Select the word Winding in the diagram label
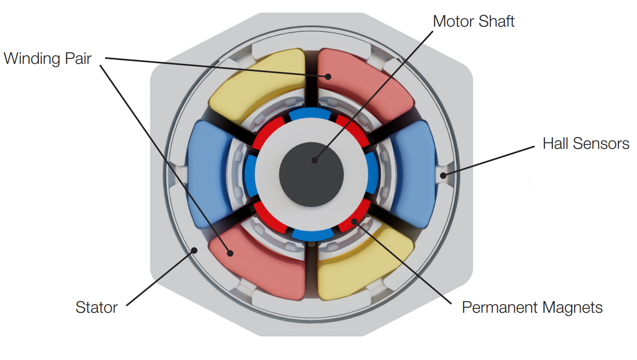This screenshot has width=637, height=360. click(32, 59)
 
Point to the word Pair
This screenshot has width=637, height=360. click(78, 59)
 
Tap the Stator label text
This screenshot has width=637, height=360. click(97, 307)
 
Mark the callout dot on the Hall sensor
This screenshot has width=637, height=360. click(443, 175)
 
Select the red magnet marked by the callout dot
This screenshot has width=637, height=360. click(354, 221)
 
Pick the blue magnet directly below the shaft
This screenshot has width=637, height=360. click(312, 234)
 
